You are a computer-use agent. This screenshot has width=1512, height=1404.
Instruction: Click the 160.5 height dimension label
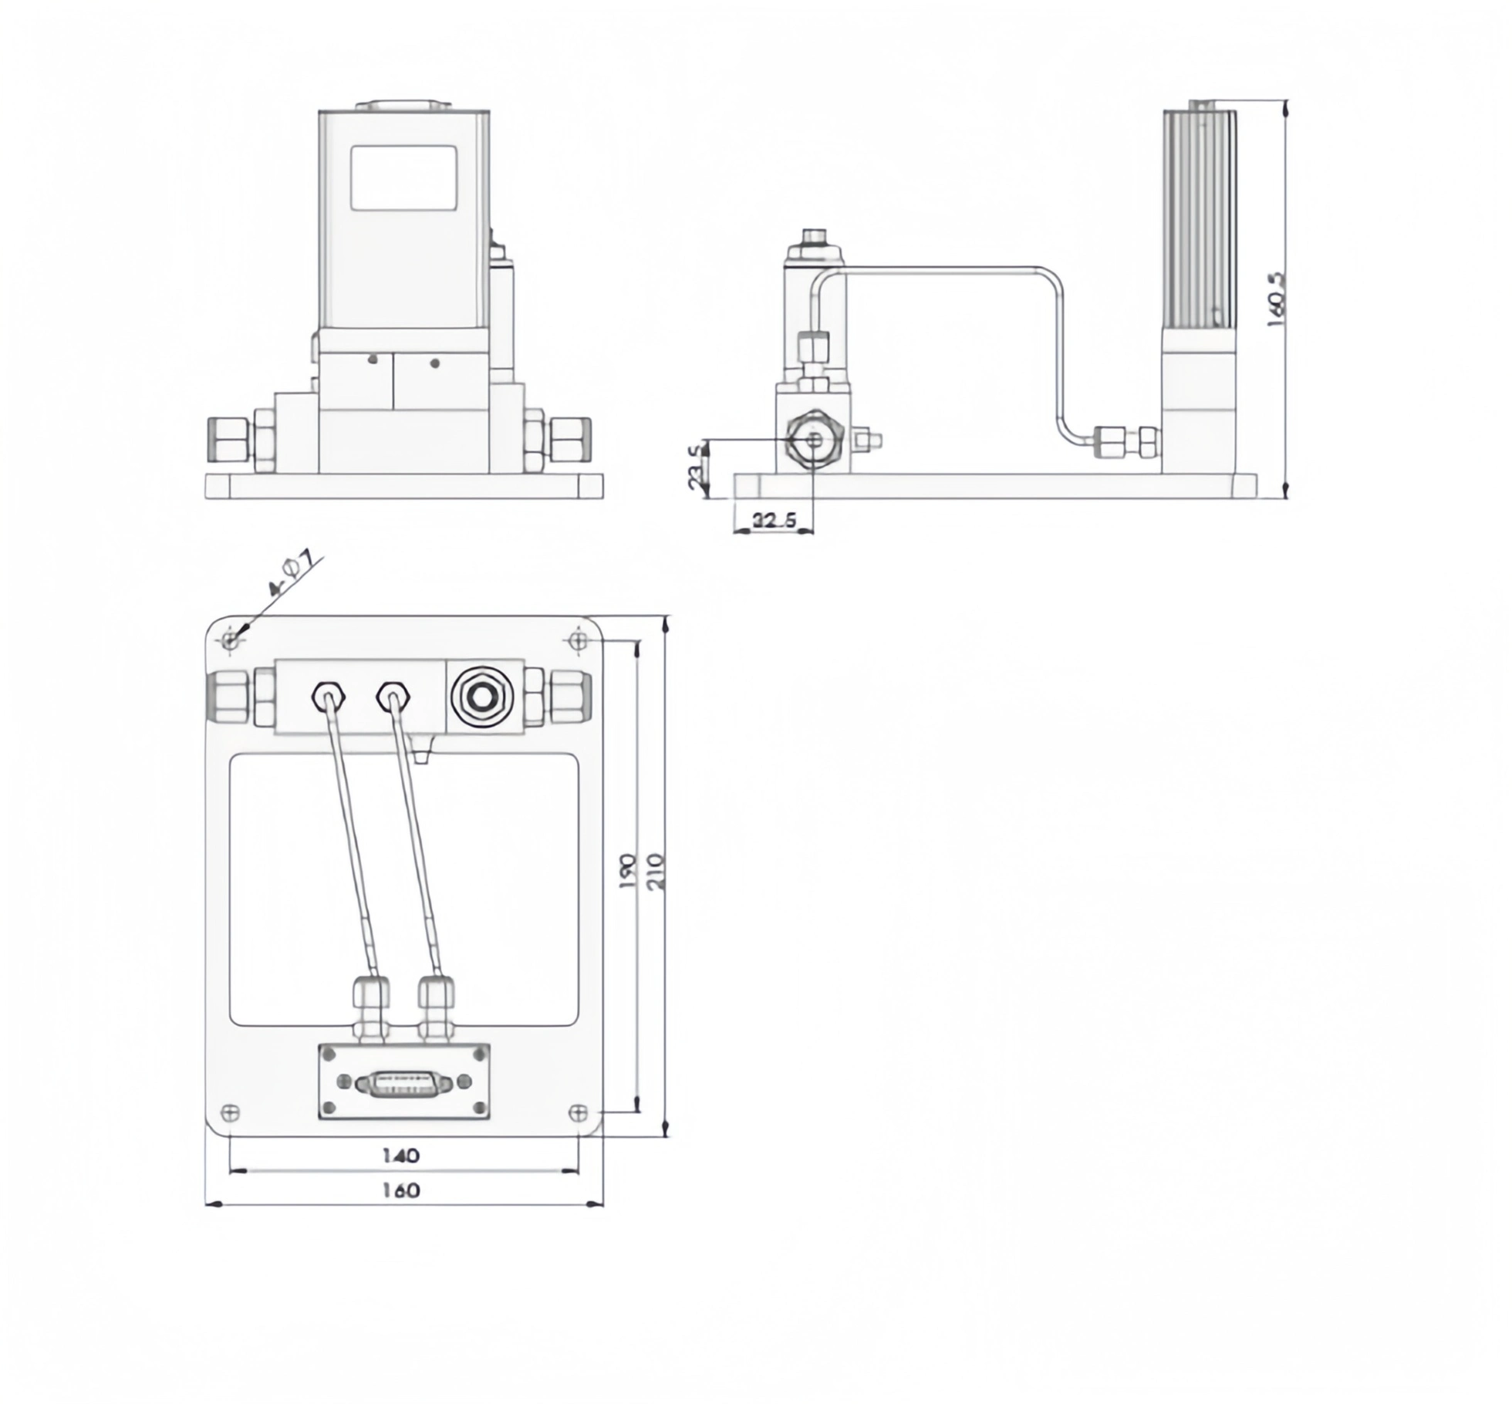click(1277, 299)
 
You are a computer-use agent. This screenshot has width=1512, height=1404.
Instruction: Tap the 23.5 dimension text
click(697, 466)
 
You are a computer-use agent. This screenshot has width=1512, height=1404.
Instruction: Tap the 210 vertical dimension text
click(655, 872)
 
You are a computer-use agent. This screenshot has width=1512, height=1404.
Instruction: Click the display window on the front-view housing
click(403, 177)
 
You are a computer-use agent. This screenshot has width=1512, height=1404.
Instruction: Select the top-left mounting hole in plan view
click(230, 640)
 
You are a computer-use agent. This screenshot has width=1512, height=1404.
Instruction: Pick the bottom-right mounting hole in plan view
click(578, 1112)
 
